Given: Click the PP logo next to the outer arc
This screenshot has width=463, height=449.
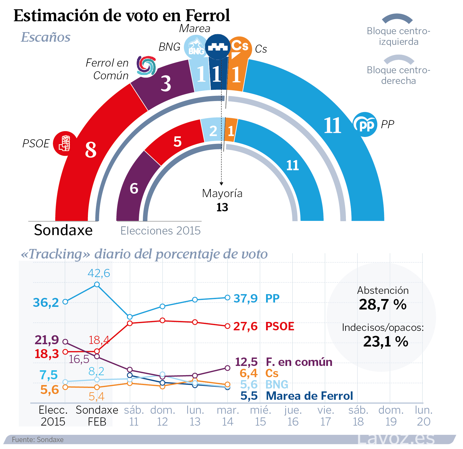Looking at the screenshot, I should (365, 124).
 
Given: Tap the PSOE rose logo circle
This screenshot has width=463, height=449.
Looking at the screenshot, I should (65, 143).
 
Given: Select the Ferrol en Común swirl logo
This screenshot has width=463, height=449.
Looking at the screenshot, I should (146, 66).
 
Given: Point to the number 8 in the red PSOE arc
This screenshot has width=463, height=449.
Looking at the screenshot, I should (91, 150).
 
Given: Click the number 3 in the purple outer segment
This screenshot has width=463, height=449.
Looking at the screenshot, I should (166, 84).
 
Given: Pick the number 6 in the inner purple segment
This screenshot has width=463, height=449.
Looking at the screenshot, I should (134, 188).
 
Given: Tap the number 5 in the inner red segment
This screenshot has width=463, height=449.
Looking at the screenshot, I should (178, 142).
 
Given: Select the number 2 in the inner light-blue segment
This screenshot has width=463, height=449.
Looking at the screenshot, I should (213, 131).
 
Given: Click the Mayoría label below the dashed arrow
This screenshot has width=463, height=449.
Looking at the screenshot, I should (222, 193).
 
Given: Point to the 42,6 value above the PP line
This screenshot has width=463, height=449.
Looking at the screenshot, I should (99, 273).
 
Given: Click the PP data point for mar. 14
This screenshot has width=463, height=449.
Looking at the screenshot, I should (228, 298).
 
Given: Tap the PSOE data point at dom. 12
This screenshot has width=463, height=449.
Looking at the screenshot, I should (163, 320).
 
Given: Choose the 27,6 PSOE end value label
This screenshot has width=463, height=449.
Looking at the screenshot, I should (245, 326).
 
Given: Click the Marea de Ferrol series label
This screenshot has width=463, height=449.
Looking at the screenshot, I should (309, 396).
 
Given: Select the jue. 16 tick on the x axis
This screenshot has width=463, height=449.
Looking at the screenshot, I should (293, 416).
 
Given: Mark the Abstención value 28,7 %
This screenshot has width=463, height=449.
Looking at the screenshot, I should (383, 305).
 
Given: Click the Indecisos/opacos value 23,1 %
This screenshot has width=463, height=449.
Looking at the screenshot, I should (385, 342).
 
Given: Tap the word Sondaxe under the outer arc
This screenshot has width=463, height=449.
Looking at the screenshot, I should (63, 230).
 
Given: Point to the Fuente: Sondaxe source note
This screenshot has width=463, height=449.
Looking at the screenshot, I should (38, 440).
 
